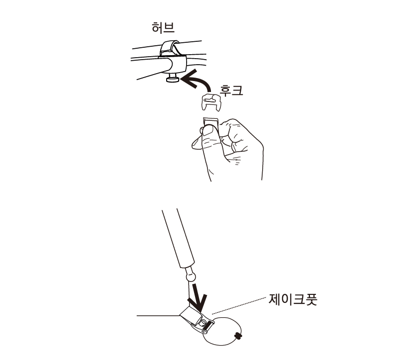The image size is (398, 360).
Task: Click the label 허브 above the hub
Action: [163, 28]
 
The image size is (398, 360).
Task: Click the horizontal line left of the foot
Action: [157, 315]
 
